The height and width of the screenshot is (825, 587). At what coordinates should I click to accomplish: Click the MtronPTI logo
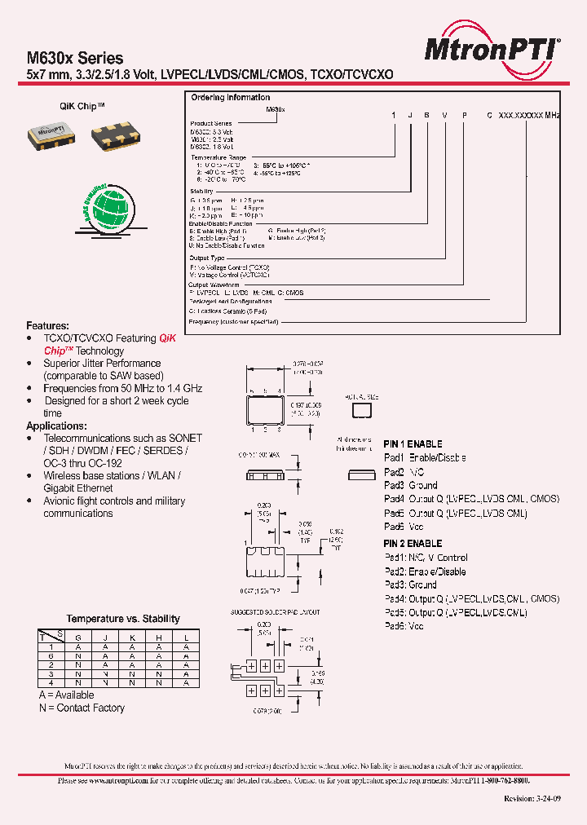tap(492, 50)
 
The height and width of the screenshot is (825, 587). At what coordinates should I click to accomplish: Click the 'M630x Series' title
tap(75, 58)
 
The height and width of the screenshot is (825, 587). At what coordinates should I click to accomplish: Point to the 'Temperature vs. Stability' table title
tap(123, 619)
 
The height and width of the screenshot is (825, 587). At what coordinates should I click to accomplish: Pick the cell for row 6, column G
tap(78, 655)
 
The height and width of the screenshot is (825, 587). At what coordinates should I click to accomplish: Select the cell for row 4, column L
tap(186, 683)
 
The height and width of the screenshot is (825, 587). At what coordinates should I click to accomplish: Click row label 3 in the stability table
tap(50, 674)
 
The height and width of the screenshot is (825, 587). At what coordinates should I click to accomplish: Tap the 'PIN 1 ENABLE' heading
tap(413, 444)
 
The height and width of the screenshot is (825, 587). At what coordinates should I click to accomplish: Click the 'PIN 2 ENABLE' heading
tap(413, 543)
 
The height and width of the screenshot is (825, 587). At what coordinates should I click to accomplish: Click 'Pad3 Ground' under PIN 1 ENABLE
tap(411, 486)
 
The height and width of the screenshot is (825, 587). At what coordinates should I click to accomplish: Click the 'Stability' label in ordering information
tap(201, 192)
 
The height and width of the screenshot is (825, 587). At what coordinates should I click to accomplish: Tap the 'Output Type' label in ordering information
tap(206, 258)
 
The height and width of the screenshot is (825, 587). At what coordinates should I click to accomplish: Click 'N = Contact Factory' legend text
tap(82, 708)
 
